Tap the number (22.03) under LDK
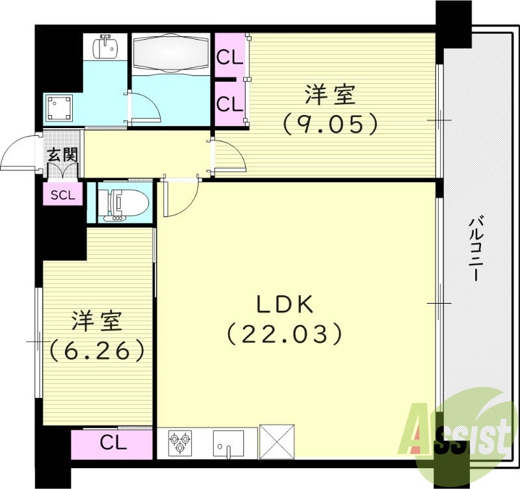[285, 334]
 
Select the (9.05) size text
[330, 124]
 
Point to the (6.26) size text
[97, 350]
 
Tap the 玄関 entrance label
[62, 155]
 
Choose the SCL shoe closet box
[63, 194]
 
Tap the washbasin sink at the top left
[103, 47]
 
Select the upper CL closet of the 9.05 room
[229, 57]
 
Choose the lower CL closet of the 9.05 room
[229, 103]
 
